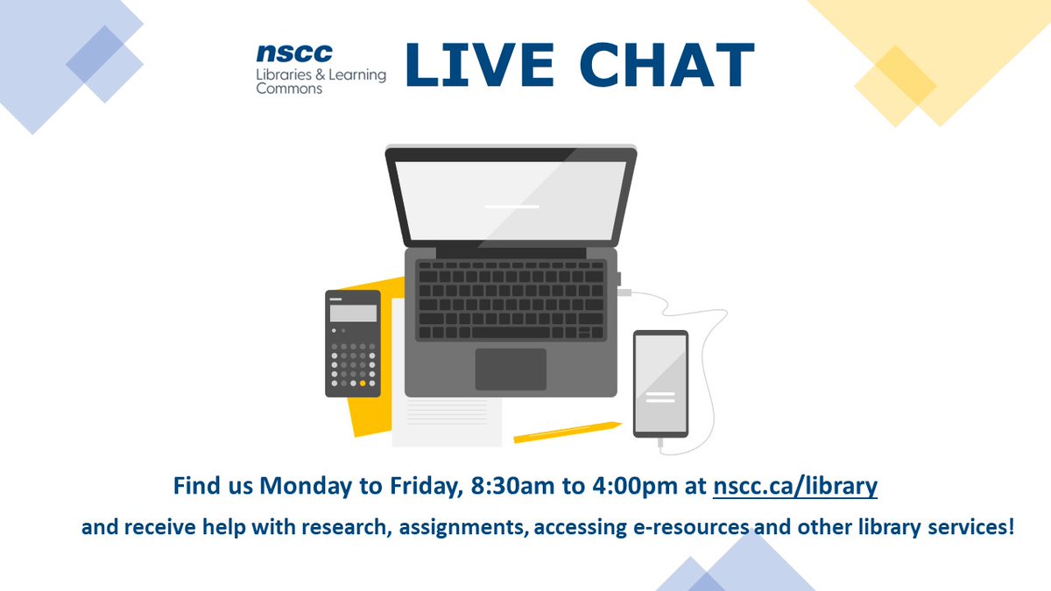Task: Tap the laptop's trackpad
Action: [511, 369]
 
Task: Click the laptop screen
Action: [511, 201]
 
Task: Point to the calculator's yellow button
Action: [363, 383]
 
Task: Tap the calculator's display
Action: [353, 313]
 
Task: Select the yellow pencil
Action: [567, 432]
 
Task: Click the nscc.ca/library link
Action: [795, 485]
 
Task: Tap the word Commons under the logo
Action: [289, 88]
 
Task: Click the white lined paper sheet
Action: [447, 412]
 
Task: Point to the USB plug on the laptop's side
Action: [625, 292]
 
